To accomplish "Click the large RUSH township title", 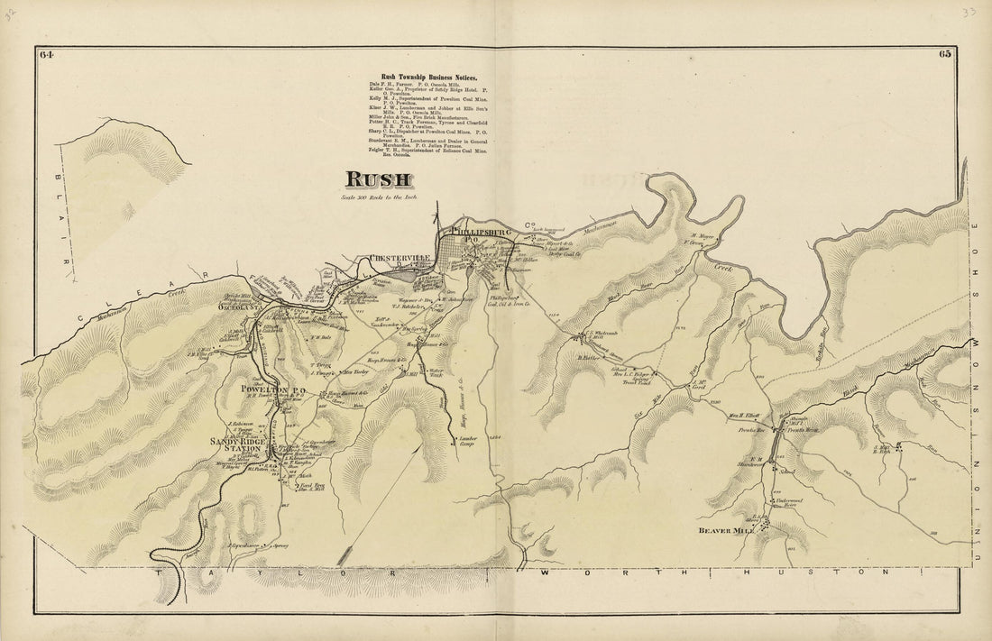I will pyautogui.click(x=377, y=180).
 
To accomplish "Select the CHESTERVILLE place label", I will pyautogui.click(x=398, y=261).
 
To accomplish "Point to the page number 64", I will pyautogui.click(x=47, y=55).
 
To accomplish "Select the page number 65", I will pyautogui.click(x=944, y=55).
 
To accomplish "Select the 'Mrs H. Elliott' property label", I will pyautogui.click(x=745, y=416).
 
